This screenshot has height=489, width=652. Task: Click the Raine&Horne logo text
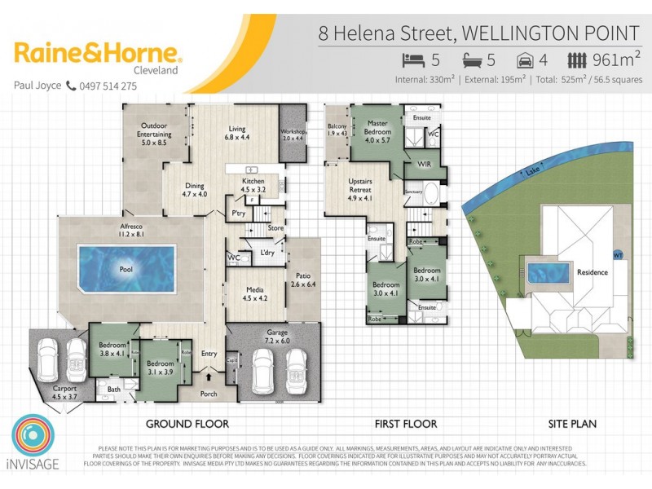click(x=98, y=55)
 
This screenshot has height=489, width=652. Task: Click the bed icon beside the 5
click(x=414, y=59)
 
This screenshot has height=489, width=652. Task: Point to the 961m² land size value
click(x=616, y=59)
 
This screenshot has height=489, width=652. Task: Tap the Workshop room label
click(x=293, y=134)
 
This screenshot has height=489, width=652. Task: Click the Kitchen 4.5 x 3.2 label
click(x=253, y=183)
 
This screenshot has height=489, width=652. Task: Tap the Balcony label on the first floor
click(x=337, y=130)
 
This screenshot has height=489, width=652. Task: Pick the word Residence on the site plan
click(x=593, y=272)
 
